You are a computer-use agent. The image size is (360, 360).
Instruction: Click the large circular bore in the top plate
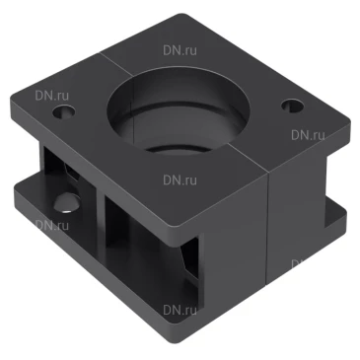click(178, 110)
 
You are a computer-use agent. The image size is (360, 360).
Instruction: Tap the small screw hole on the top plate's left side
click(64, 111)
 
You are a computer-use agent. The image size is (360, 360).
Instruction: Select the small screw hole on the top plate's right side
click(292, 106)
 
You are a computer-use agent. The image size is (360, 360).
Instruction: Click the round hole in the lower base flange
click(67, 203)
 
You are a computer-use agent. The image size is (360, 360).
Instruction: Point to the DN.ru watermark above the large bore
click(180, 50)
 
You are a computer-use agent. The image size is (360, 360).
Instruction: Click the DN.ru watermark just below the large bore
click(180, 180)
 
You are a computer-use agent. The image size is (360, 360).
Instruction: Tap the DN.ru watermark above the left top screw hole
click(52, 96)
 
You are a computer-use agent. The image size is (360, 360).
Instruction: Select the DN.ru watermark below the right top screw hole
click(308, 135)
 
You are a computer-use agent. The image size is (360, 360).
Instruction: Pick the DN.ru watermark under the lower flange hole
click(52, 225)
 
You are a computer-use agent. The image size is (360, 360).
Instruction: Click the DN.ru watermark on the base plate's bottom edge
click(180, 310)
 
